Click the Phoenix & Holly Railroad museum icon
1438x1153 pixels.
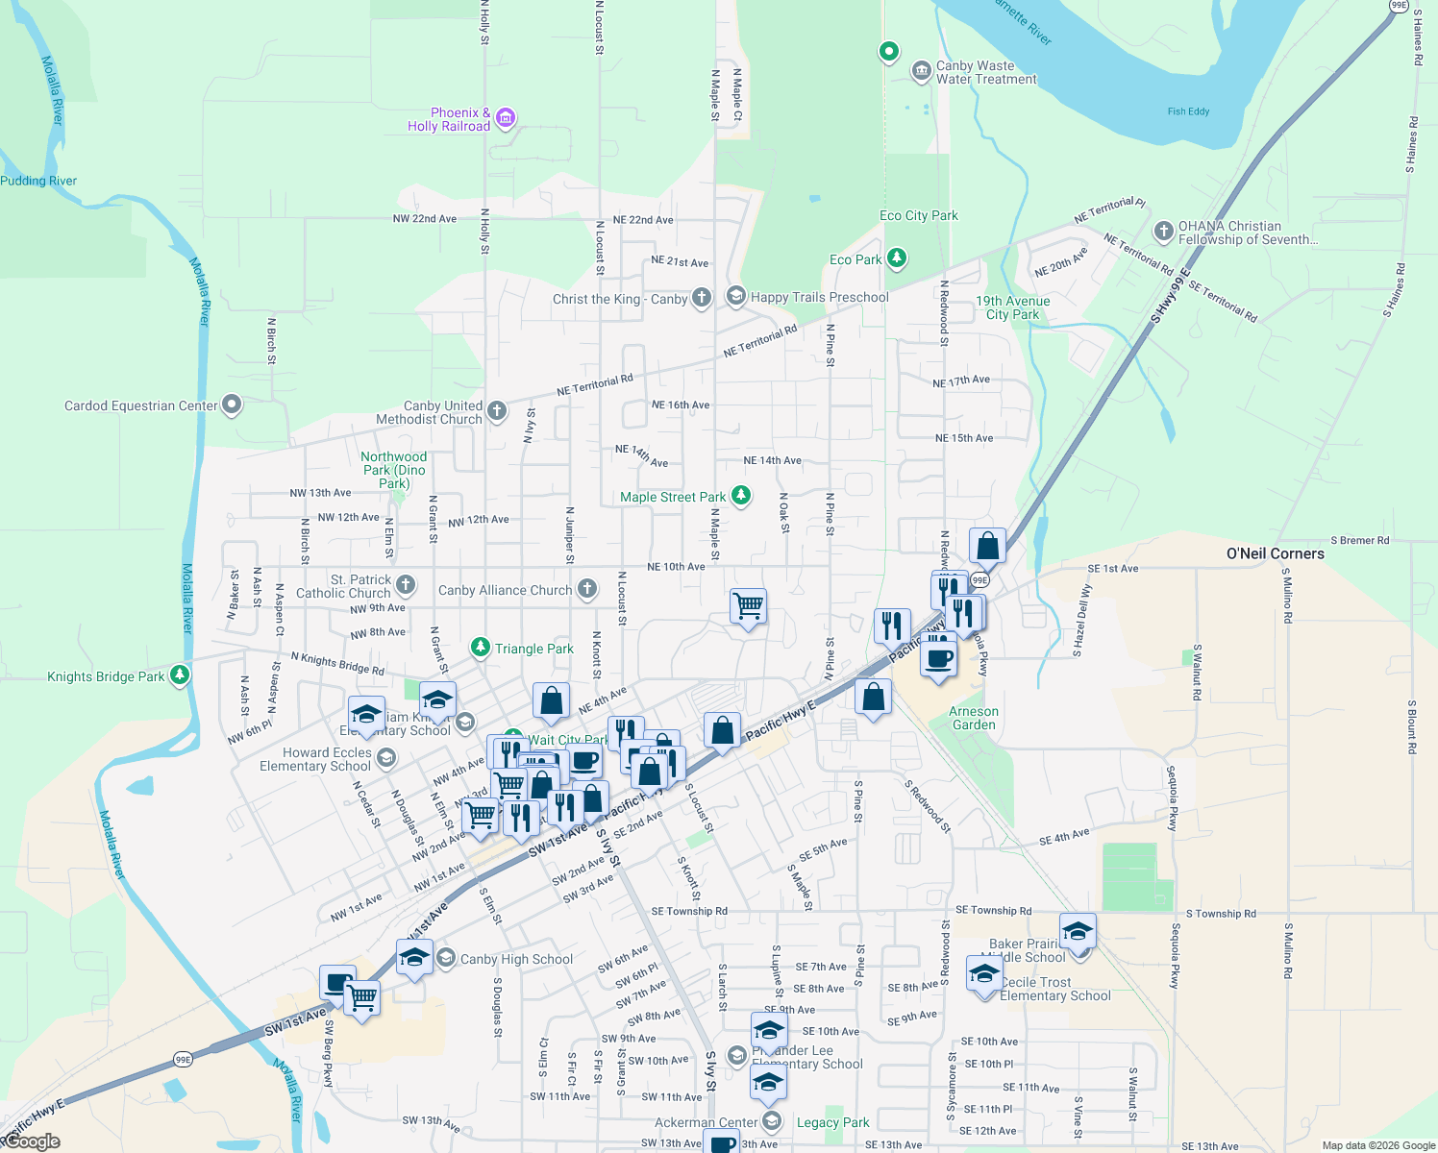506,119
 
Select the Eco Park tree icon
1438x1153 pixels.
897,258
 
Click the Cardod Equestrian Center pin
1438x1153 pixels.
232,405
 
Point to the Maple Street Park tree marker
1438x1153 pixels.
740,496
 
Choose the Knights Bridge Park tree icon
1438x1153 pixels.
180,675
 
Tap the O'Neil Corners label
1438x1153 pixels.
1275,553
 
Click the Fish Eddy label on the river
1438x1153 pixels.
1188,111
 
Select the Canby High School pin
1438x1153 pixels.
445,958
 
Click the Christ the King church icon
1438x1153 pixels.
702,298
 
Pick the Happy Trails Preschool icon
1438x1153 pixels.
735,296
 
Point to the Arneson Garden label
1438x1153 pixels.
974,719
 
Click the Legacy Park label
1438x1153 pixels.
832,1122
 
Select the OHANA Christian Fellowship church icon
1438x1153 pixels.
1163,232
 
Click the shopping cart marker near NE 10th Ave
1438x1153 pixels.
748,606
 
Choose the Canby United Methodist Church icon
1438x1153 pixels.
497,411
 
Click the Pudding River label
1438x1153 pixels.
38,181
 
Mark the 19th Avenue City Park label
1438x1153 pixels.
1012,307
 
